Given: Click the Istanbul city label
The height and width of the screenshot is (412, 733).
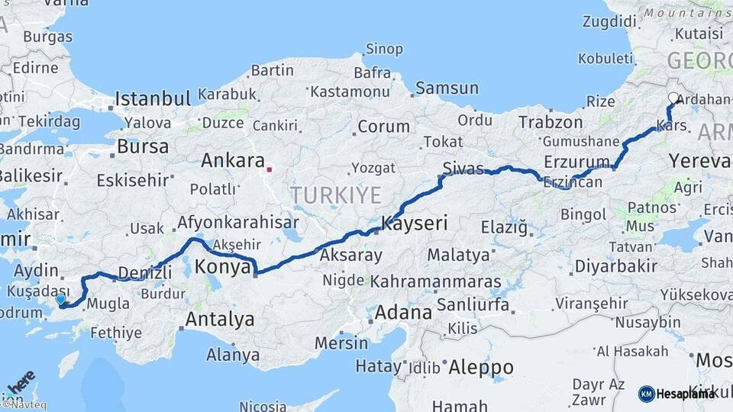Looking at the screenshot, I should tap(152, 98).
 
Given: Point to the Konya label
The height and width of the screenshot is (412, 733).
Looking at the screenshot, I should tap(223, 267).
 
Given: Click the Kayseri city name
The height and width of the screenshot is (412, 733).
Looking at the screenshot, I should tap(414, 224).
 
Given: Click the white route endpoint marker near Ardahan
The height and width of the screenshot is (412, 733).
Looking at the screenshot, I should tap(674, 98).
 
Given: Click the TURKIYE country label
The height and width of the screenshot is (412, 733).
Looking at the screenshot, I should tap(335, 195).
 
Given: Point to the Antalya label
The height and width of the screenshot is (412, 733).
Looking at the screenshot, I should tap(220, 319).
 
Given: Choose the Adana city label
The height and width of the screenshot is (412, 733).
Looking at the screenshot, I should tap(403, 313).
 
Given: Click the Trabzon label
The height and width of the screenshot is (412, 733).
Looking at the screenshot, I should tap(551, 122).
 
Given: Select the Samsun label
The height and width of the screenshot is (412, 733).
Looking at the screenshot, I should tap(447, 89).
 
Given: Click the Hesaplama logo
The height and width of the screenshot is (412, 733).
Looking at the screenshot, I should tap(676, 394).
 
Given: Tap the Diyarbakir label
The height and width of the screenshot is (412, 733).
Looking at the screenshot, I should tap(615, 266).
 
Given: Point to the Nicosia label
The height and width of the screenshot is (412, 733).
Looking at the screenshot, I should tap(263, 406).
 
